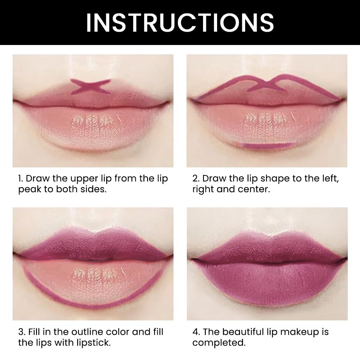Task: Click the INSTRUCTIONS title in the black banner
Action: pos(180,22)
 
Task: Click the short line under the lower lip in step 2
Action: pos(265,145)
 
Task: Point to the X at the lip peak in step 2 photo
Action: pos(267,86)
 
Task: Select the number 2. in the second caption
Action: pos(196,179)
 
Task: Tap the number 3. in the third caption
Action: pos(22,332)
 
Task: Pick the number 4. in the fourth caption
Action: pos(197,332)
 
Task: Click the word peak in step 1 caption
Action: pos(30,189)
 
